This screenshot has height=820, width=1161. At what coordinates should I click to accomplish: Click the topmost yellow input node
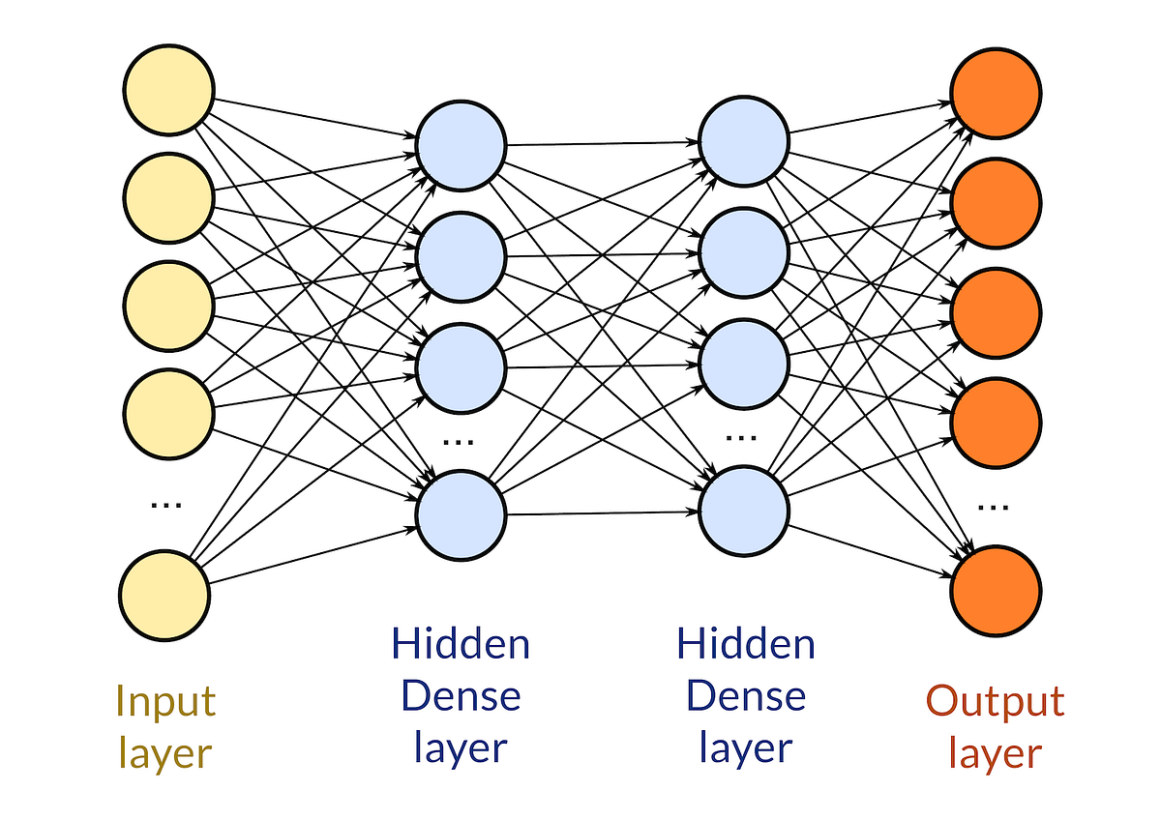coord(167,91)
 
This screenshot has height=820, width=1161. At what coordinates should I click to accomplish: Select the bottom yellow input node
coord(165,596)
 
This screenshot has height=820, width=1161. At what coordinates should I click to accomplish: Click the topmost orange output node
coord(996,92)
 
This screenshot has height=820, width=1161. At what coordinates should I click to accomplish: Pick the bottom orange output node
coord(996,589)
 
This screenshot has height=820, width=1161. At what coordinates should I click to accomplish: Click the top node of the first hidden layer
coord(461,146)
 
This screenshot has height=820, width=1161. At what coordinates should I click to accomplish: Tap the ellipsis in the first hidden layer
coord(457,441)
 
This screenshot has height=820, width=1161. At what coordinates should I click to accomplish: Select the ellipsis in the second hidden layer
coord(741,437)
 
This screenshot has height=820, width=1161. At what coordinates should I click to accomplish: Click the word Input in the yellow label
coord(164,700)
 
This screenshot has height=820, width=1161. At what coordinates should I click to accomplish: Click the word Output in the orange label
coord(995,700)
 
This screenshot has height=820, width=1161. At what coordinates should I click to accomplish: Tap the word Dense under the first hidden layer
coord(461,695)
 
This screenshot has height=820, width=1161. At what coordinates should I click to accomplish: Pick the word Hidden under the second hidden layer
coord(745,643)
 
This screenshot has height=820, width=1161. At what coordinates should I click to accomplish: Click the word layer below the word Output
coord(995,752)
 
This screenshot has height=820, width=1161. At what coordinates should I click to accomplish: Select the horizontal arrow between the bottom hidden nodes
coord(602,513)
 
